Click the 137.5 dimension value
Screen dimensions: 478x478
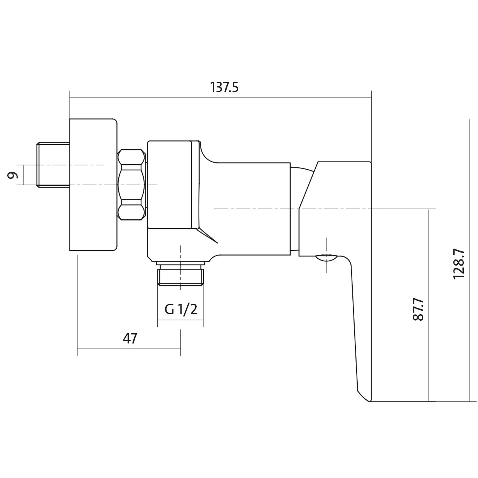point(224,88)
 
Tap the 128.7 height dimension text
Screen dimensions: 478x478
point(458,265)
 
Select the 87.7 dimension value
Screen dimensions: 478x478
point(419,310)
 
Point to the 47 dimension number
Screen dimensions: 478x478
point(130,338)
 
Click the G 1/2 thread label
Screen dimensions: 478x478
point(181,309)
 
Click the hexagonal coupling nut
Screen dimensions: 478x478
point(131,185)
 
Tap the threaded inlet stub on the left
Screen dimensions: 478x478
point(53,165)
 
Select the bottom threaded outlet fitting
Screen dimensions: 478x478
point(180,273)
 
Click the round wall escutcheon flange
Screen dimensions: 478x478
point(93,185)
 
